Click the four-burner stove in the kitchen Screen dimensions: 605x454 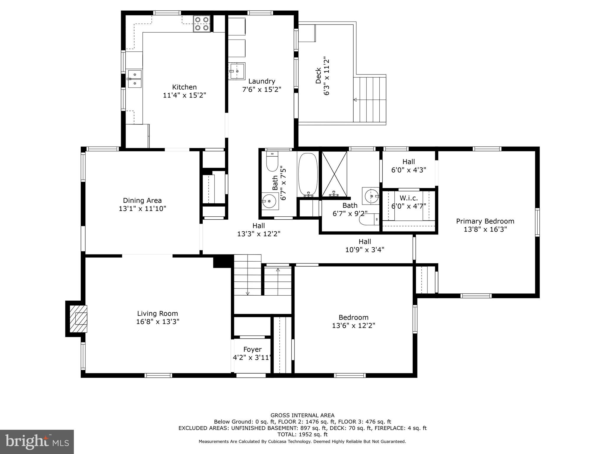202,24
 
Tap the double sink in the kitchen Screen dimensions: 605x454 135,79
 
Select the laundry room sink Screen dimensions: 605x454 237,71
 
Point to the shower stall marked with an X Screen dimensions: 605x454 334,174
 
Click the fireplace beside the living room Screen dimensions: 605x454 77,319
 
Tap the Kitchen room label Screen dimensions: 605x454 184,87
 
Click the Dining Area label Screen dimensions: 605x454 142,201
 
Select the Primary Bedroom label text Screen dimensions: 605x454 485,221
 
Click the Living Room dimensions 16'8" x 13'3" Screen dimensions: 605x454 158,322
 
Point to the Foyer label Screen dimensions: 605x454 252,350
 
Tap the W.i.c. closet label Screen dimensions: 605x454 409,198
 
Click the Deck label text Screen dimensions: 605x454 318,76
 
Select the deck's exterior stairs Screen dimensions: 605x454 370,99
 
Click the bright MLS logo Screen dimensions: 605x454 37,442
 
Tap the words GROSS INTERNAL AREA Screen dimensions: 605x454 302,416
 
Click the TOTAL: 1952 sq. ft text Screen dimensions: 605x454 302,434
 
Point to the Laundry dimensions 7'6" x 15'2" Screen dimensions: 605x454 262,89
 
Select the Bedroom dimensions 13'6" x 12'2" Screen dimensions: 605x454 354,326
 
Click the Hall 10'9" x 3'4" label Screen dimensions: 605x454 365,246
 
